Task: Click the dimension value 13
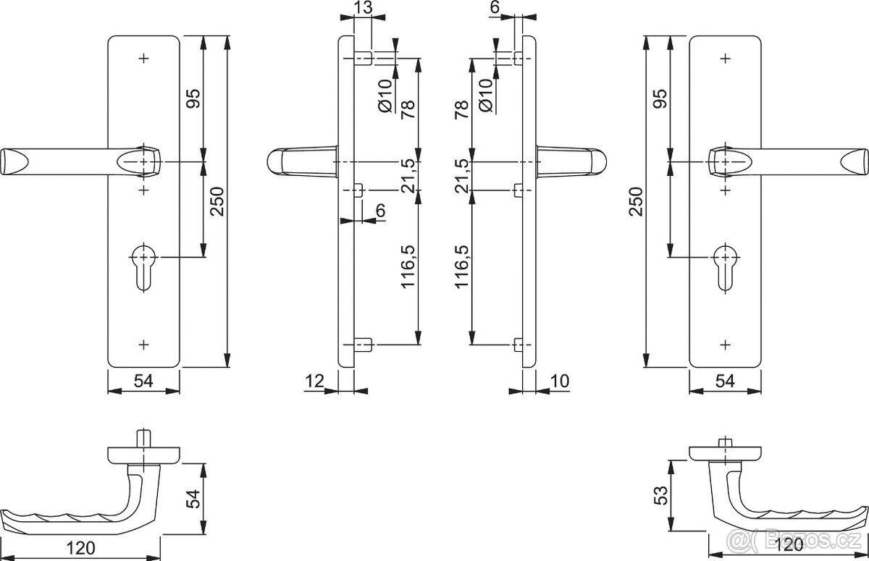364,9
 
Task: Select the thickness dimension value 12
314,381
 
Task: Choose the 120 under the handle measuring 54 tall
85,548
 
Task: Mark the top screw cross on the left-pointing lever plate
143,57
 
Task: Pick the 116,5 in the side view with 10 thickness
462,266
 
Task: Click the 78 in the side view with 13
407,109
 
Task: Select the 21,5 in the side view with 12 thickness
407,174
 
